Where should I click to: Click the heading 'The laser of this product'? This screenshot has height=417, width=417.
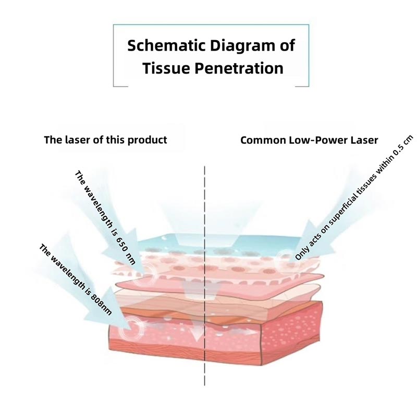tap(105, 140)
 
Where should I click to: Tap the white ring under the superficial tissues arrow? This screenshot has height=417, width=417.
tap(285, 259)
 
